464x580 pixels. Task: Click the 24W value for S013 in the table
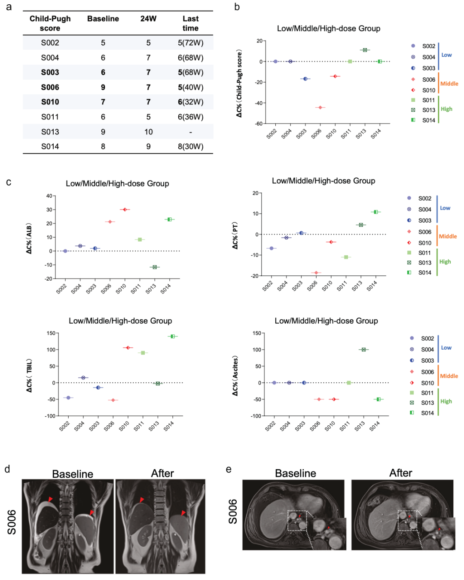click(x=148, y=132)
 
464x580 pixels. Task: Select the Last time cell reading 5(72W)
click(x=190, y=43)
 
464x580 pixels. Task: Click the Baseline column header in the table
click(x=103, y=19)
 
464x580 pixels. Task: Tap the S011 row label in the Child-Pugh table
click(x=50, y=117)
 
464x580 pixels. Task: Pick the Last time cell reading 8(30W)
click(x=190, y=147)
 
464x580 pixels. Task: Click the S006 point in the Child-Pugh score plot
click(x=320, y=107)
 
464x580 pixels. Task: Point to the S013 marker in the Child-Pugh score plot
click(x=365, y=50)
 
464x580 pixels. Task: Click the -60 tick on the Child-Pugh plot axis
click(x=259, y=124)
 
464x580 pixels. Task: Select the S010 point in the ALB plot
click(x=125, y=210)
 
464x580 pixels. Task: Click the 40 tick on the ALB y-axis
click(x=49, y=196)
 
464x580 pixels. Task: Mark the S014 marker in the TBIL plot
click(x=173, y=336)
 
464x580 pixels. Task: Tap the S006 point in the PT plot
click(x=316, y=273)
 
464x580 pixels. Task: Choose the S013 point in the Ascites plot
click(x=363, y=350)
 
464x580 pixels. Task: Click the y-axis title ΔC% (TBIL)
click(x=29, y=375)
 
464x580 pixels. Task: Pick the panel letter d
click(x=7, y=469)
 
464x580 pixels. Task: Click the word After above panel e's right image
click(x=400, y=473)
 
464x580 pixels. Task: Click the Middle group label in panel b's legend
click(x=449, y=84)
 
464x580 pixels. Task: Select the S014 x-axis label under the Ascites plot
click(x=375, y=426)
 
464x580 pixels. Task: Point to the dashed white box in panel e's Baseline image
click(x=297, y=520)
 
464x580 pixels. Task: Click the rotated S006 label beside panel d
click(x=12, y=522)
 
